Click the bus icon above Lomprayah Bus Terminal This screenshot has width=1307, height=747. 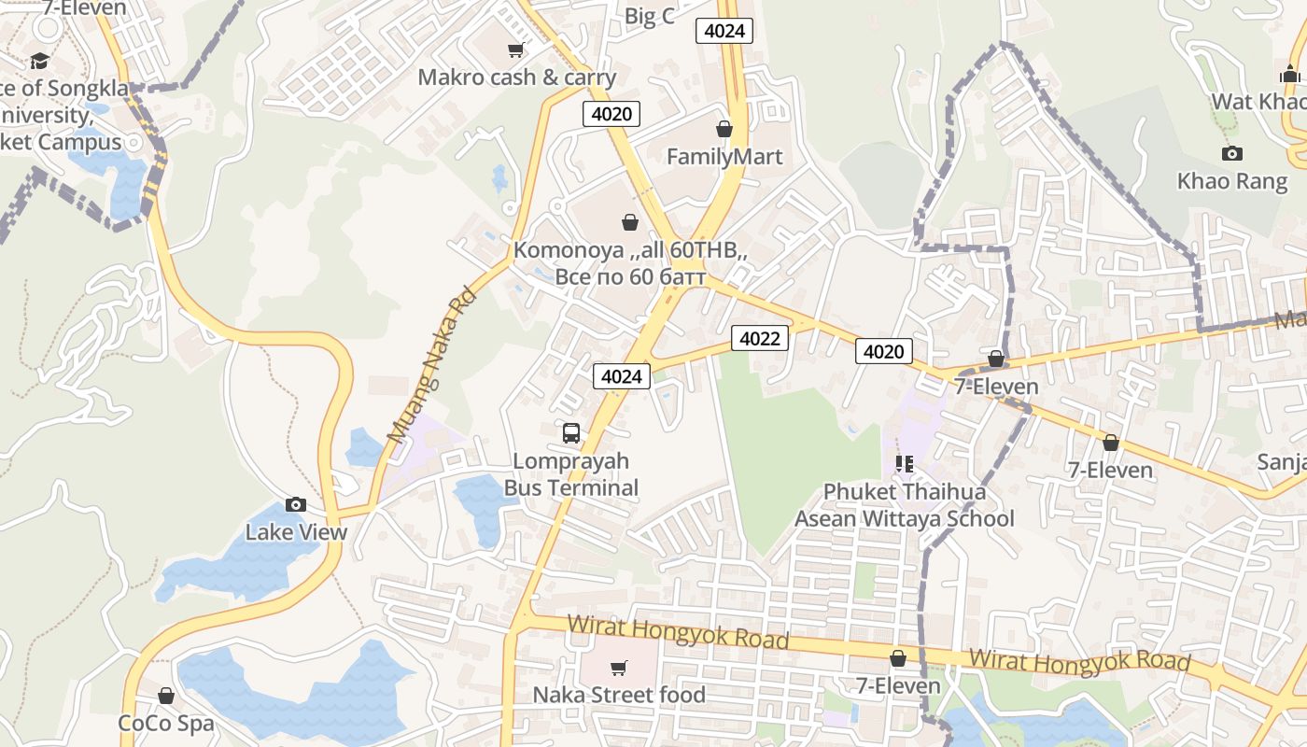coord(571,433)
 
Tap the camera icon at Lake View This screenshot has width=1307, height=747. coord(296,505)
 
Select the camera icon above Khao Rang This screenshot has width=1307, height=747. coord(1232,153)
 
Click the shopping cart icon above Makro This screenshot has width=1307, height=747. coord(515,49)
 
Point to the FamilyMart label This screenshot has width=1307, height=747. coord(724,156)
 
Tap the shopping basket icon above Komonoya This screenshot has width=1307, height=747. coord(630,222)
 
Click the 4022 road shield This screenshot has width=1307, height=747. coord(759,338)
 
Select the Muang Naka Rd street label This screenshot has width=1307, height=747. coord(431,365)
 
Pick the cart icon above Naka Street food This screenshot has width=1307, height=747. coord(618,668)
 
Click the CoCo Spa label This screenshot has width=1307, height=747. coord(166,723)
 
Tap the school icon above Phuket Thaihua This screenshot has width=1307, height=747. coord(904,463)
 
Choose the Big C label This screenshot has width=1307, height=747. coord(649,16)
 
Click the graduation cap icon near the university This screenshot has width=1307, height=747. coord(39,62)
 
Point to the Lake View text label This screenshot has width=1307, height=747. coord(296,532)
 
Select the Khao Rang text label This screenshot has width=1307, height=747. coord(1232,180)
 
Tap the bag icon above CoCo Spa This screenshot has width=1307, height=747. coord(166,696)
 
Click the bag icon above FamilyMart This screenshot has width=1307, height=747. coord(724,129)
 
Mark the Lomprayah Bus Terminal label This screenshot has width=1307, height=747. coord(571,474)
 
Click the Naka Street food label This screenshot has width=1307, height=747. coord(619,695)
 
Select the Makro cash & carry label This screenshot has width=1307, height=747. coord(516,77)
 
